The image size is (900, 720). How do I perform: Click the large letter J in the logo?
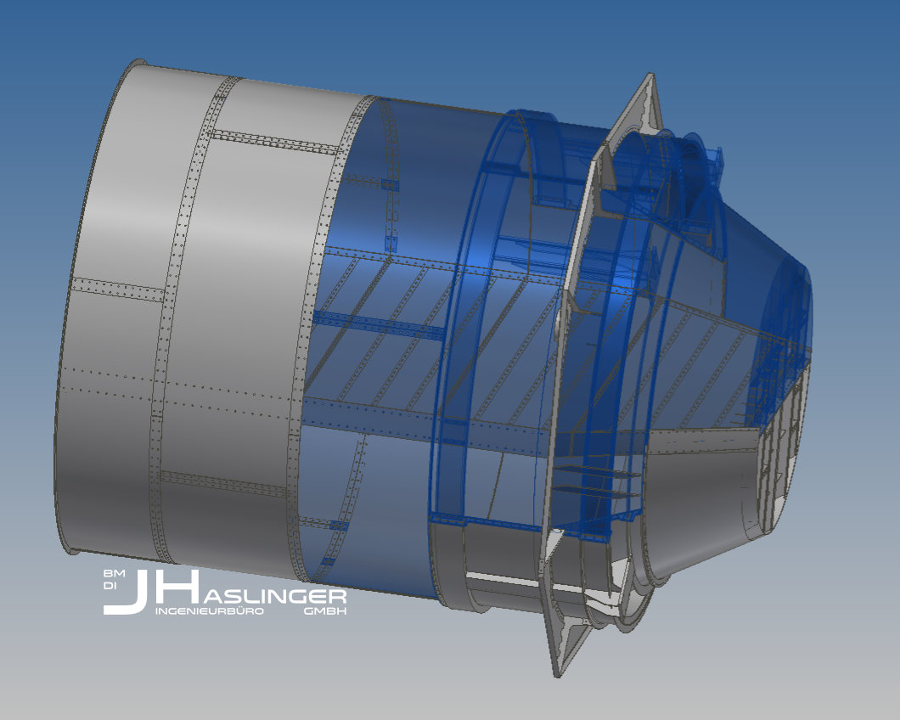127,594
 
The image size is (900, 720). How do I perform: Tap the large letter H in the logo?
173,587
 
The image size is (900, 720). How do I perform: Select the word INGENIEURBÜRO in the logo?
210,611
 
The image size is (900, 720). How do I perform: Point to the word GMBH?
325,611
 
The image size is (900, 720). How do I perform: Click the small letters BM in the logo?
110,574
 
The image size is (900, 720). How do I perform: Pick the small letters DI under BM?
109,586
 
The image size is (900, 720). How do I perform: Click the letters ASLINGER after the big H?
272,597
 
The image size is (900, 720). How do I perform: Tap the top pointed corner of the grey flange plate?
650,76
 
